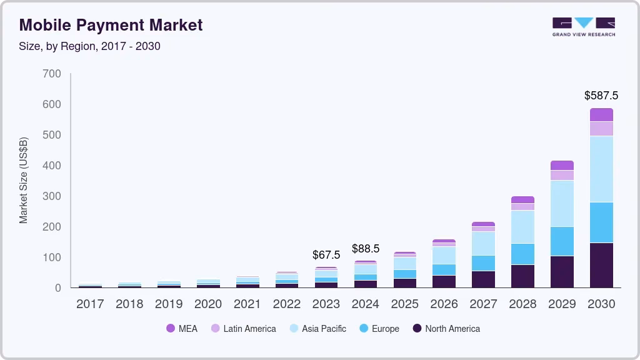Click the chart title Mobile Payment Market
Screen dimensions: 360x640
pos(111,25)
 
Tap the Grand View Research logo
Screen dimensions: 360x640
pos(583,27)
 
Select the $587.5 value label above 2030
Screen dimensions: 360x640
pos(601,96)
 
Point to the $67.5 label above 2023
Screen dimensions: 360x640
pos(326,255)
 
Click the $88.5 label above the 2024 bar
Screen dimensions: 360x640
pos(366,249)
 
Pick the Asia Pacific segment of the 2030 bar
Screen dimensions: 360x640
pos(601,169)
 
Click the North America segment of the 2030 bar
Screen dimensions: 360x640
pos(601,265)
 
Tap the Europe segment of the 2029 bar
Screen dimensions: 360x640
pos(562,241)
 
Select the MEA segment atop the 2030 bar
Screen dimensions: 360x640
pos(601,114)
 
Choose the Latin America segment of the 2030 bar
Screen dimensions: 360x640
pos(601,129)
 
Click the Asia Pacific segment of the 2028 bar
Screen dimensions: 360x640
pos(522,227)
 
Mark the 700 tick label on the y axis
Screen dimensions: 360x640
pos(52,74)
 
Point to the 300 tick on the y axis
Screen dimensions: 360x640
pos(52,196)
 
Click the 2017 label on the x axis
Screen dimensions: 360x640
pos(90,304)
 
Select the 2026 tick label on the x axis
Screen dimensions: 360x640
pos(444,304)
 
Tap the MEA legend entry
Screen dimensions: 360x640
pos(182,329)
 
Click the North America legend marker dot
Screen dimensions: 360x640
pos(416,329)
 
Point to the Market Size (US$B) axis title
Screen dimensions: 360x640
pos(24,180)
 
